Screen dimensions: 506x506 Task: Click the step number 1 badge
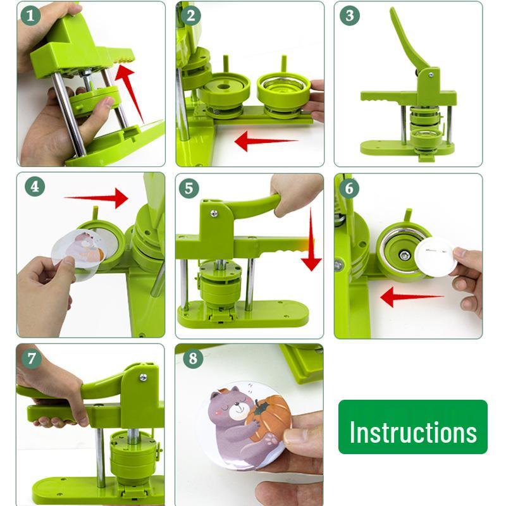click(30, 15)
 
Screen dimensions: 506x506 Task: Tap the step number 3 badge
click(349, 15)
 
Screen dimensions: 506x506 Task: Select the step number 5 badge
click(189, 188)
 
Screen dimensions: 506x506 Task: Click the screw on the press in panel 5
click(214, 213)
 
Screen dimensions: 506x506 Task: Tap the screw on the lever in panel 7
click(143, 378)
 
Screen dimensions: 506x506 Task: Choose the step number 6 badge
click(349, 188)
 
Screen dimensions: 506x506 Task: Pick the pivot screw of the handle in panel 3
click(430, 75)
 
